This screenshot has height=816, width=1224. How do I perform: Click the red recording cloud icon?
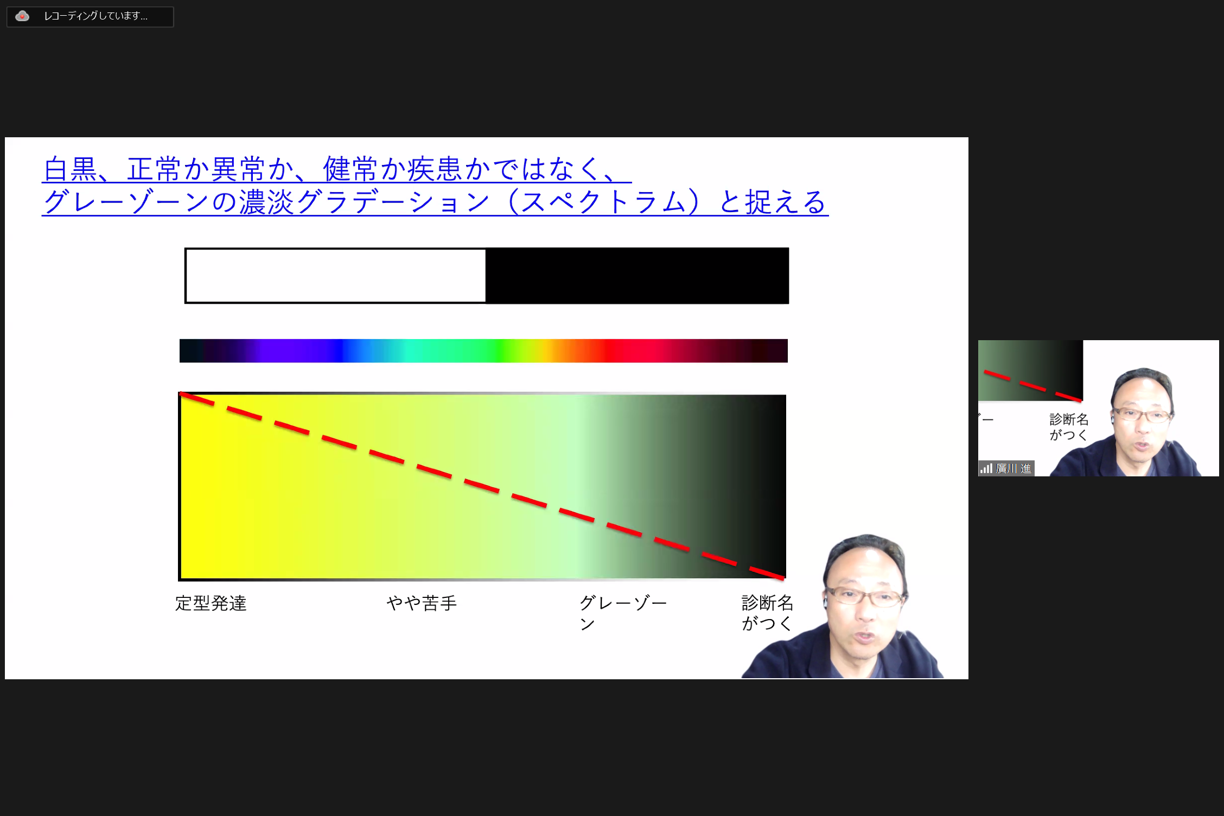22,16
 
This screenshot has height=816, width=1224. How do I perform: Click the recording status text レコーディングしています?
95,16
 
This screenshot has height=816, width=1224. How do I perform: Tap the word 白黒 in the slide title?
71,169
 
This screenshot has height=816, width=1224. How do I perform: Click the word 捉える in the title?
786,202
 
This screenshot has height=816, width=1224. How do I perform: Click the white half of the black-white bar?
336,276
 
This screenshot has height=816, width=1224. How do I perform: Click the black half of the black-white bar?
637,276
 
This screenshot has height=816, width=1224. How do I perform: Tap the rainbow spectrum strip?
483,350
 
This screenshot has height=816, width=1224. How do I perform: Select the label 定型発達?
211,603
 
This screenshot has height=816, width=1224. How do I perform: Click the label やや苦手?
422,603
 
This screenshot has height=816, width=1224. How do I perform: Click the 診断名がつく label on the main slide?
767,613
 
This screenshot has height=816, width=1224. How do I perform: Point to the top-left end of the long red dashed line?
180,393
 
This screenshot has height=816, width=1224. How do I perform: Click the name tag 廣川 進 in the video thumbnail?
1013,468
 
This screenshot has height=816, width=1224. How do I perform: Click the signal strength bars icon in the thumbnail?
986,468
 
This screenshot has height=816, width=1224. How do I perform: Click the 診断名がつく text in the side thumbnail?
1069,427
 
